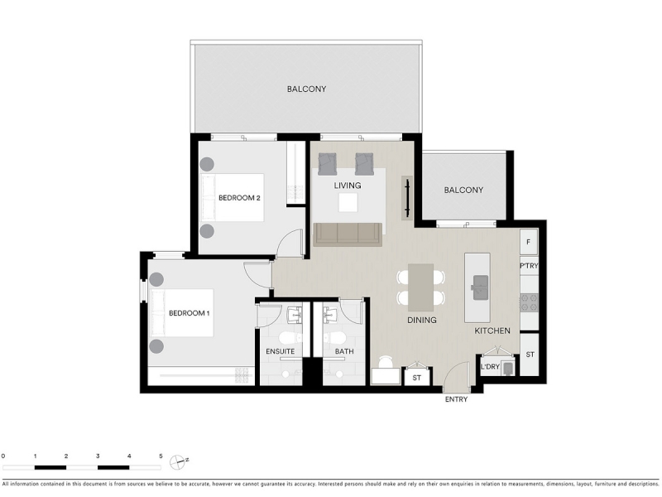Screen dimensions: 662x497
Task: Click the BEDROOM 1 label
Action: pos(189,313)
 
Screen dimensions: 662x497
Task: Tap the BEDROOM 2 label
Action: pos(239,198)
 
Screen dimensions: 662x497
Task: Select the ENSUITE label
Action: pos(281,351)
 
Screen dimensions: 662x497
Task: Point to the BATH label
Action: pos(344,351)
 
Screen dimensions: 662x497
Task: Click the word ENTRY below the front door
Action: pos(457,399)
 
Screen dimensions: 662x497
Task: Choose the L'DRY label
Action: pos(490,366)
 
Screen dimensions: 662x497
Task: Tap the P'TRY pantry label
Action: pos(529,266)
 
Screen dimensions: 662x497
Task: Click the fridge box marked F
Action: pos(529,242)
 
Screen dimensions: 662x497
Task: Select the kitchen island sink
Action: pos(480,287)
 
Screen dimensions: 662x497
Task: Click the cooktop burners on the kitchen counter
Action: pos(529,302)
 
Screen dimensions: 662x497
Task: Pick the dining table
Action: pos(420,287)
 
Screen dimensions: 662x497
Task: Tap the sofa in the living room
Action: pos(348,234)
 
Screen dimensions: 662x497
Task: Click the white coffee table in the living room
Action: pos(348,203)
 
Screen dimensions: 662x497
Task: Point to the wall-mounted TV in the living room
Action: pos(407,198)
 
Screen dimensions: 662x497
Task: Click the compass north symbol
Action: pos(178,462)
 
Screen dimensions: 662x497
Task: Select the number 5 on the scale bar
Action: pos(161,456)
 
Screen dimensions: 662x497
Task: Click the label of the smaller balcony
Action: pos(463,191)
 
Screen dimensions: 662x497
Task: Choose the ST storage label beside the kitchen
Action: pos(530,355)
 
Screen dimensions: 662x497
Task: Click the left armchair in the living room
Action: pos(328,164)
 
